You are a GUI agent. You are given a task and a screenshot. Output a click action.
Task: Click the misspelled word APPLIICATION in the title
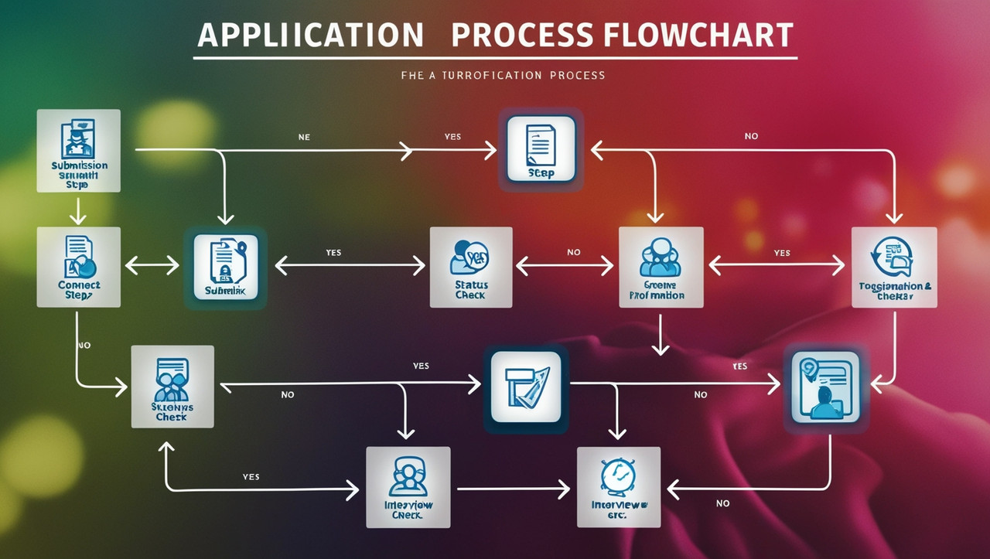tap(309, 36)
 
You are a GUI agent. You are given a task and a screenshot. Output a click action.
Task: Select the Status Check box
tap(470, 267)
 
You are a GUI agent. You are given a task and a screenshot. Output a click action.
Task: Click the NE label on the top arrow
tap(304, 137)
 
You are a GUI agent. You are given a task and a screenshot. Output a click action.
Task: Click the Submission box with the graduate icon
tap(79, 151)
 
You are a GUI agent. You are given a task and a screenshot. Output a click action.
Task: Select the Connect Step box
tap(79, 268)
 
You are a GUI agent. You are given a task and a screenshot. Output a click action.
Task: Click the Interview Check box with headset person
tap(408, 487)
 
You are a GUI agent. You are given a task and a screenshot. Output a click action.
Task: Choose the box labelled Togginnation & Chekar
tap(893, 268)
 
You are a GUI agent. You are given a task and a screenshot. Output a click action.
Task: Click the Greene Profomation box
tap(661, 268)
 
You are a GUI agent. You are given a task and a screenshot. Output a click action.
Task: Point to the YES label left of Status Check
tap(333, 253)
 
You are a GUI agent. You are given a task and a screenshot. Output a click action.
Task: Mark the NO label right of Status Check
tap(573, 253)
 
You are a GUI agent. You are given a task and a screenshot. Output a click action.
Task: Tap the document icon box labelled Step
tap(541, 149)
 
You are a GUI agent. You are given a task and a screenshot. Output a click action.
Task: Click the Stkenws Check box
tap(172, 386)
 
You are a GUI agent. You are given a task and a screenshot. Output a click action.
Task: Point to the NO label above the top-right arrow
tap(751, 136)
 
